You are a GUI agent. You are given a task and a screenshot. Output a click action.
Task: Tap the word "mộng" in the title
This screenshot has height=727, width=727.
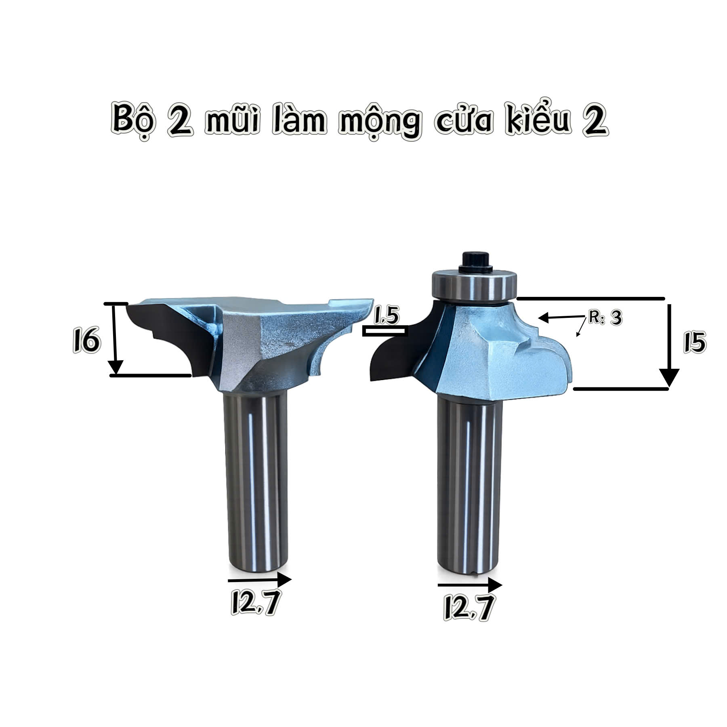pos(379,122)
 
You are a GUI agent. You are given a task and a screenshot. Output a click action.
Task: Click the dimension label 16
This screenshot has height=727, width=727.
pos(85,340)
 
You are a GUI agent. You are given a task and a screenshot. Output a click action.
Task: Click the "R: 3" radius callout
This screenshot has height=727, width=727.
pos(605,317)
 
